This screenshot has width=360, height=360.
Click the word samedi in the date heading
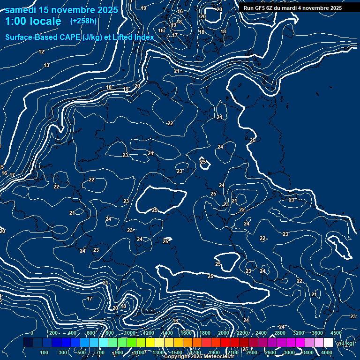[x=21, y=9]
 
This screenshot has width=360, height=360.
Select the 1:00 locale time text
[x=33, y=21]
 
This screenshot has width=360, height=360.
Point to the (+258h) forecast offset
[x=83, y=21]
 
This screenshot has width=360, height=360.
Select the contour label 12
[x=41, y=52]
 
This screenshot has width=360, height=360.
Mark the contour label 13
[x=46, y=65]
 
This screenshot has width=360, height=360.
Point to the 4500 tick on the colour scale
[x=336, y=333]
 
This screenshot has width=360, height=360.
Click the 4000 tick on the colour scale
[x=327, y=352]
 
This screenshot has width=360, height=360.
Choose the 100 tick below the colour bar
[x=45, y=352]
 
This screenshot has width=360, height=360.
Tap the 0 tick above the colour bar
[x=32, y=333]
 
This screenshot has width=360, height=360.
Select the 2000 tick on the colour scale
[x=224, y=333]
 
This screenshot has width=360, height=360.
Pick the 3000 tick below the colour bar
[x=289, y=352]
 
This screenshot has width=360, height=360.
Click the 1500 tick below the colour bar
[x=177, y=352]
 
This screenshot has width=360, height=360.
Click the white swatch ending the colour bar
[x=329, y=343]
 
